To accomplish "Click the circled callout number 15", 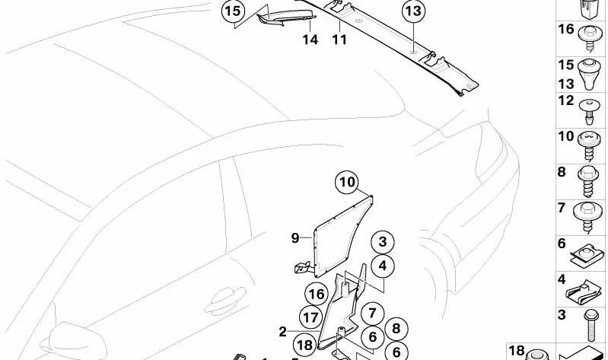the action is [x=233, y=11].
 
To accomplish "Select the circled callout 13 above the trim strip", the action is [x=413, y=11].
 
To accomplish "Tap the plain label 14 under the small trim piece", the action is [x=310, y=40].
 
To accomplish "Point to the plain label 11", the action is [x=339, y=40].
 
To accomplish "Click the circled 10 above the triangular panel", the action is [x=348, y=182].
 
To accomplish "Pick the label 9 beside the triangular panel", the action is [x=295, y=237].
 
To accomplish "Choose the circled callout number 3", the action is [x=383, y=242].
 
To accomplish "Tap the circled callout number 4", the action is [x=383, y=266].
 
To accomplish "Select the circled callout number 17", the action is [x=310, y=317].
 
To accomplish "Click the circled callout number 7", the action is [x=372, y=313].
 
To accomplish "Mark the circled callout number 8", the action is [x=396, y=329].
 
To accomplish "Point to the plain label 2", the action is [x=282, y=332].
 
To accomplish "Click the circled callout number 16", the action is [x=317, y=295].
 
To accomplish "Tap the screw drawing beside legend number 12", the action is [x=589, y=111].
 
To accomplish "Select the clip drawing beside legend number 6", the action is [x=587, y=254].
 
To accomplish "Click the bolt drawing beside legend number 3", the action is [x=590, y=326].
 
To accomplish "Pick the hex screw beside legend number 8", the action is [x=589, y=182].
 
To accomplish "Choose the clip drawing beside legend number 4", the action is [x=584, y=292].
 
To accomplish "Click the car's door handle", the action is [x=226, y=301].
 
